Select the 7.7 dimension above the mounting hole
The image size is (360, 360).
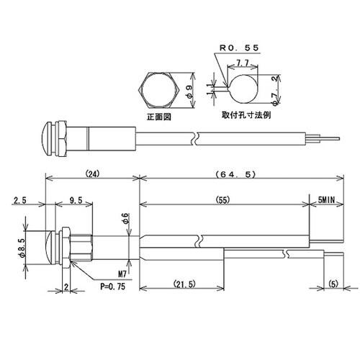tap(243, 64)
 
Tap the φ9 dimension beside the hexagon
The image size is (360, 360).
tap(189, 91)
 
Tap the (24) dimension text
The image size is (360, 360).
tap(91, 174)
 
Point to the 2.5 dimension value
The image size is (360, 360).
tap(20, 202)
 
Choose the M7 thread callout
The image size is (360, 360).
tap(121, 274)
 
